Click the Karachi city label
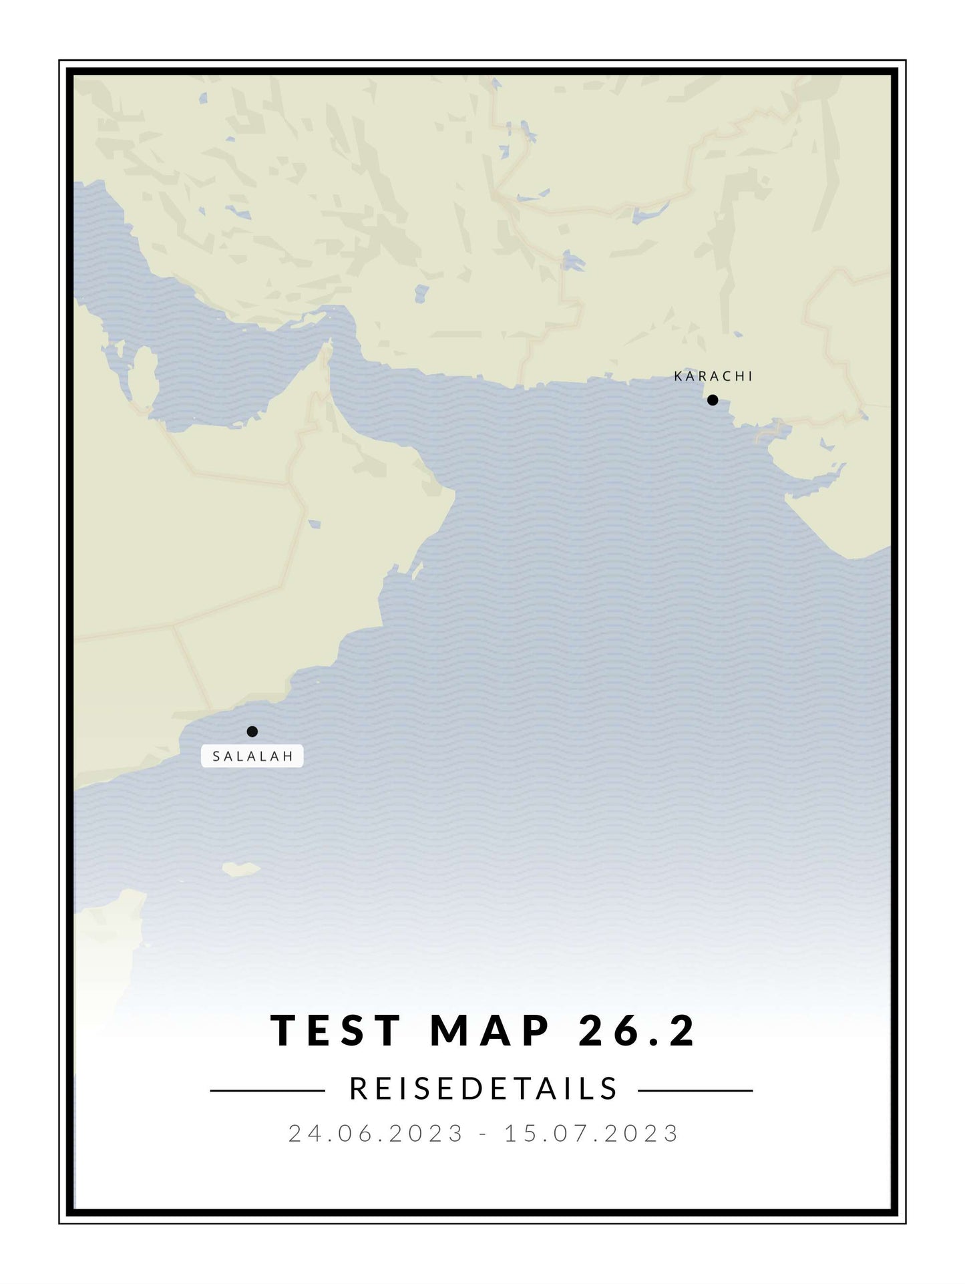pyautogui.click(x=713, y=376)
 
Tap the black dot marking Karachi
pyautogui.click(x=713, y=400)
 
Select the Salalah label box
pyautogui.click(x=252, y=756)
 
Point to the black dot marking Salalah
pyautogui.click(x=252, y=732)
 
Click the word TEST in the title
pyautogui.click(x=336, y=1030)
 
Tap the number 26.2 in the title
pyautogui.click(x=637, y=1030)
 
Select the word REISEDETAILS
pyautogui.click(x=484, y=1089)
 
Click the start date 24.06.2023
pyautogui.click(x=376, y=1134)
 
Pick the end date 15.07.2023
pyautogui.click(x=592, y=1134)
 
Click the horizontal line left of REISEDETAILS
pyautogui.click(x=267, y=1091)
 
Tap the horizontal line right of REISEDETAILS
pyautogui.click(x=695, y=1091)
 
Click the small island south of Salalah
pyautogui.click(x=240, y=869)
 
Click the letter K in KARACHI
pyautogui.click(x=679, y=376)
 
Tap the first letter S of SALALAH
pyautogui.click(x=216, y=757)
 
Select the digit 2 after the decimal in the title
pyautogui.click(x=683, y=1030)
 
